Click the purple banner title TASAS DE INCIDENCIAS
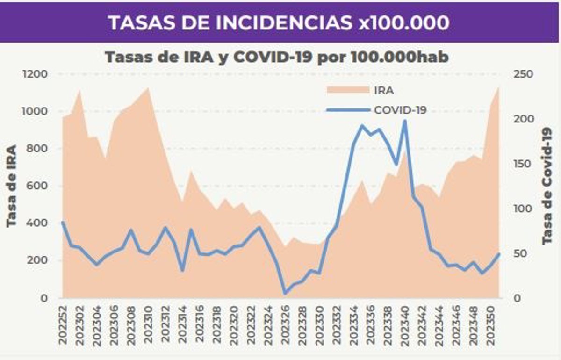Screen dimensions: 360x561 click(279, 22)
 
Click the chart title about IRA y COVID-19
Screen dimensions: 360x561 click(277, 58)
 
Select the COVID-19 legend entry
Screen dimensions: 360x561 click(400, 110)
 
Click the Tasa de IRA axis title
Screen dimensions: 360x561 click(12, 186)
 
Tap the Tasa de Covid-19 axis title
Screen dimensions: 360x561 click(547, 186)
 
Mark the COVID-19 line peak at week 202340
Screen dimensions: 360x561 click(405, 121)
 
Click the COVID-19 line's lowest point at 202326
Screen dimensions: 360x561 click(285, 293)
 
